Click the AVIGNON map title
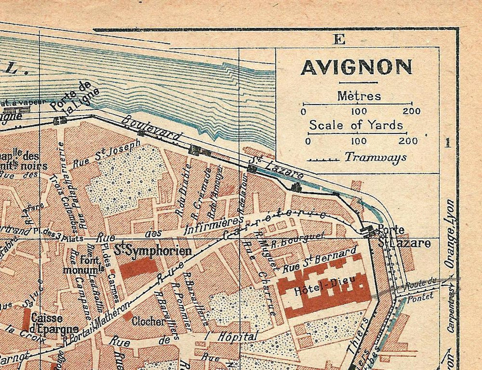click(x=357, y=67)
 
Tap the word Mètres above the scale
click(x=359, y=96)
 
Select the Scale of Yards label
click(x=356, y=125)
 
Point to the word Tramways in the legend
click(x=375, y=157)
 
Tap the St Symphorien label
click(x=153, y=251)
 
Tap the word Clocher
click(x=148, y=321)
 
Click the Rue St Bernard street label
click(x=319, y=260)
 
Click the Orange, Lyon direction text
click(x=450, y=234)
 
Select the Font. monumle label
click(x=83, y=264)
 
